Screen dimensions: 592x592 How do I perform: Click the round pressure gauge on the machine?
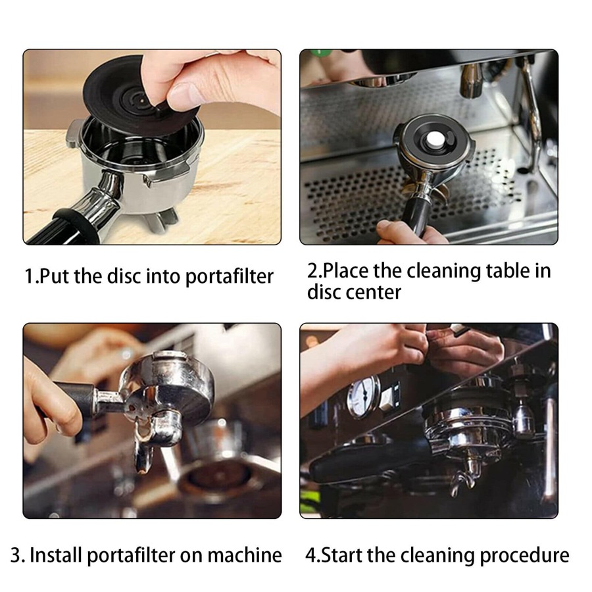(x=362, y=397)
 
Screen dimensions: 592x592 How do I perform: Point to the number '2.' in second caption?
(x=315, y=270)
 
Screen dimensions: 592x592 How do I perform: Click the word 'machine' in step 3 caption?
(x=244, y=555)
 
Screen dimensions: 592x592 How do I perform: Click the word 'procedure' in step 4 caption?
(x=524, y=555)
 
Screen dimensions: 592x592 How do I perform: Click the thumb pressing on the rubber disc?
(x=191, y=92)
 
